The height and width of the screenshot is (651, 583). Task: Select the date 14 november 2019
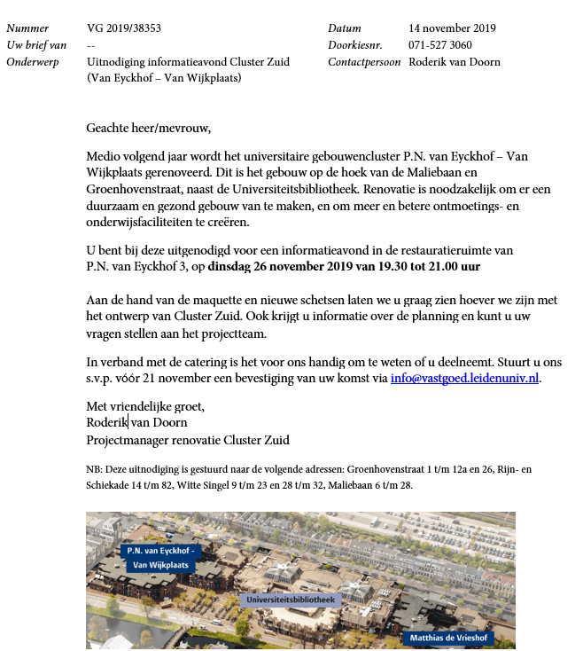coord(452,29)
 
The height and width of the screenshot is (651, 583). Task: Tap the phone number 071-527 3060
coord(439,45)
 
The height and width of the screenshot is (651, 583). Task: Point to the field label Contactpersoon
coord(363,62)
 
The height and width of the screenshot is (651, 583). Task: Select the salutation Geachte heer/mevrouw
coord(149,128)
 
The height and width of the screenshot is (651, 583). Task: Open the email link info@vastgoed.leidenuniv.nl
coord(464,378)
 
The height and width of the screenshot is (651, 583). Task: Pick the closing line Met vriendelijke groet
coord(145,406)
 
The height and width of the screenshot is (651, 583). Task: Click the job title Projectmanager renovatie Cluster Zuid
coord(188,440)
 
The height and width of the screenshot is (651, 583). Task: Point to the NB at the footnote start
coord(94,469)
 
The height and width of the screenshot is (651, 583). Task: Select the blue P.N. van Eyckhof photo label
coord(159,557)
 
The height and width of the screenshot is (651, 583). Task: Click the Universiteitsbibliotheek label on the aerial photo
coord(291,600)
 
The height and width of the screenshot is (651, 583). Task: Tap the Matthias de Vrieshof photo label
coord(447,637)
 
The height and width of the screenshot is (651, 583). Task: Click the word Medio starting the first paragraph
coord(104,156)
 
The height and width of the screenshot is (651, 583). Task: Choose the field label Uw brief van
coord(35,45)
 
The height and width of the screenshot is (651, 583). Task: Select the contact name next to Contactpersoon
coord(455,62)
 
